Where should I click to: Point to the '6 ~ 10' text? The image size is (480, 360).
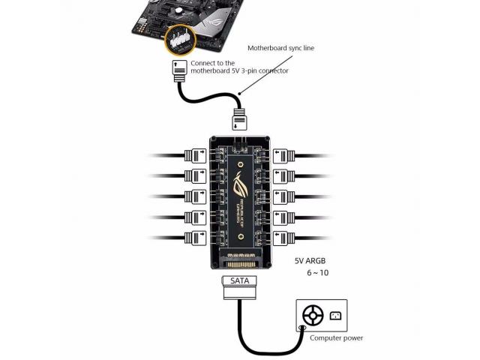point(317,273)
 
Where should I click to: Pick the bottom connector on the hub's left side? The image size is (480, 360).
point(196,239)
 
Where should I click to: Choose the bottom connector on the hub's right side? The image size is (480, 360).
point(284,239)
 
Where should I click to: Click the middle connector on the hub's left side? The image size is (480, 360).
point(196,198)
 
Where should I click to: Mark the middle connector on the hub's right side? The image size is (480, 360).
point(284,198)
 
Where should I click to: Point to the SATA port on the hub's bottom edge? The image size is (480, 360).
point(240,263)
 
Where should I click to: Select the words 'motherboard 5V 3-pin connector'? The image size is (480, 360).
point(240,71)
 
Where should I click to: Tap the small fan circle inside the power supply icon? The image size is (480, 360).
point(313,315)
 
